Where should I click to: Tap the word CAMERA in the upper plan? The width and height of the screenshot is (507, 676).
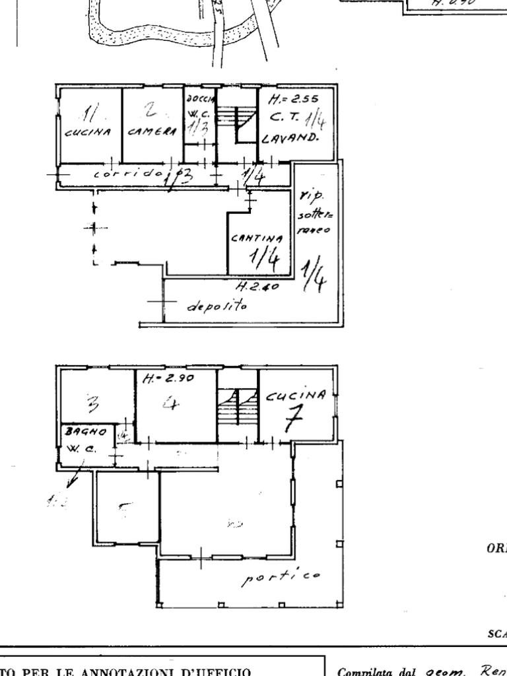[152, 131]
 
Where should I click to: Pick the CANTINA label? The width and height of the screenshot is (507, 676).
[257, 237]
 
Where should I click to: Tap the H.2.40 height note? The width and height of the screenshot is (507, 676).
[257, 287]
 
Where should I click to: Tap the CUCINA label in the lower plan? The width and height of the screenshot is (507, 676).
[296, 396]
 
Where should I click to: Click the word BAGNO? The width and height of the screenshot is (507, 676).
[85, 431]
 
